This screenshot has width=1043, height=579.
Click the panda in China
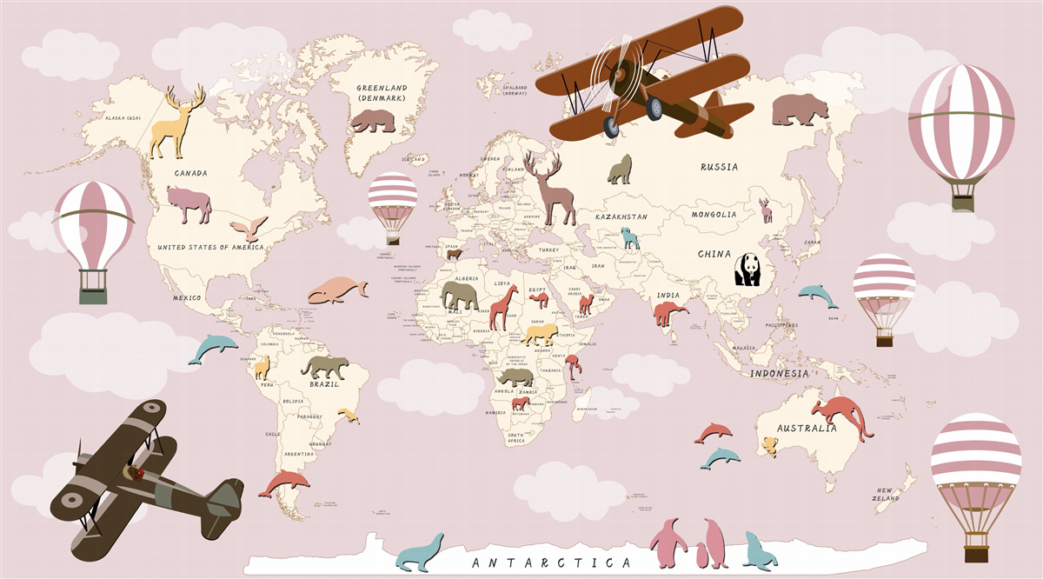point(747,270)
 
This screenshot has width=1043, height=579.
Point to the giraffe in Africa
point(503,307)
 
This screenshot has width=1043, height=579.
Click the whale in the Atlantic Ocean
point(336,290)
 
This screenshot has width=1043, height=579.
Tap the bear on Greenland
point(373,120)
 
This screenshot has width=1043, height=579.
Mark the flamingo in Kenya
point(575,366)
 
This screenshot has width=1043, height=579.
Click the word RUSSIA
point(720,167)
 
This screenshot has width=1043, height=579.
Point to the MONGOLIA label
point(714,215)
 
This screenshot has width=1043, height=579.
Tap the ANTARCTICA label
point(551,562)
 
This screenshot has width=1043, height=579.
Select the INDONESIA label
point(779,374)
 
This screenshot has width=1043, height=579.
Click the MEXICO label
point(186,298)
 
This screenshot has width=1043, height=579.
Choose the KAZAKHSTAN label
point(621,216)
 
